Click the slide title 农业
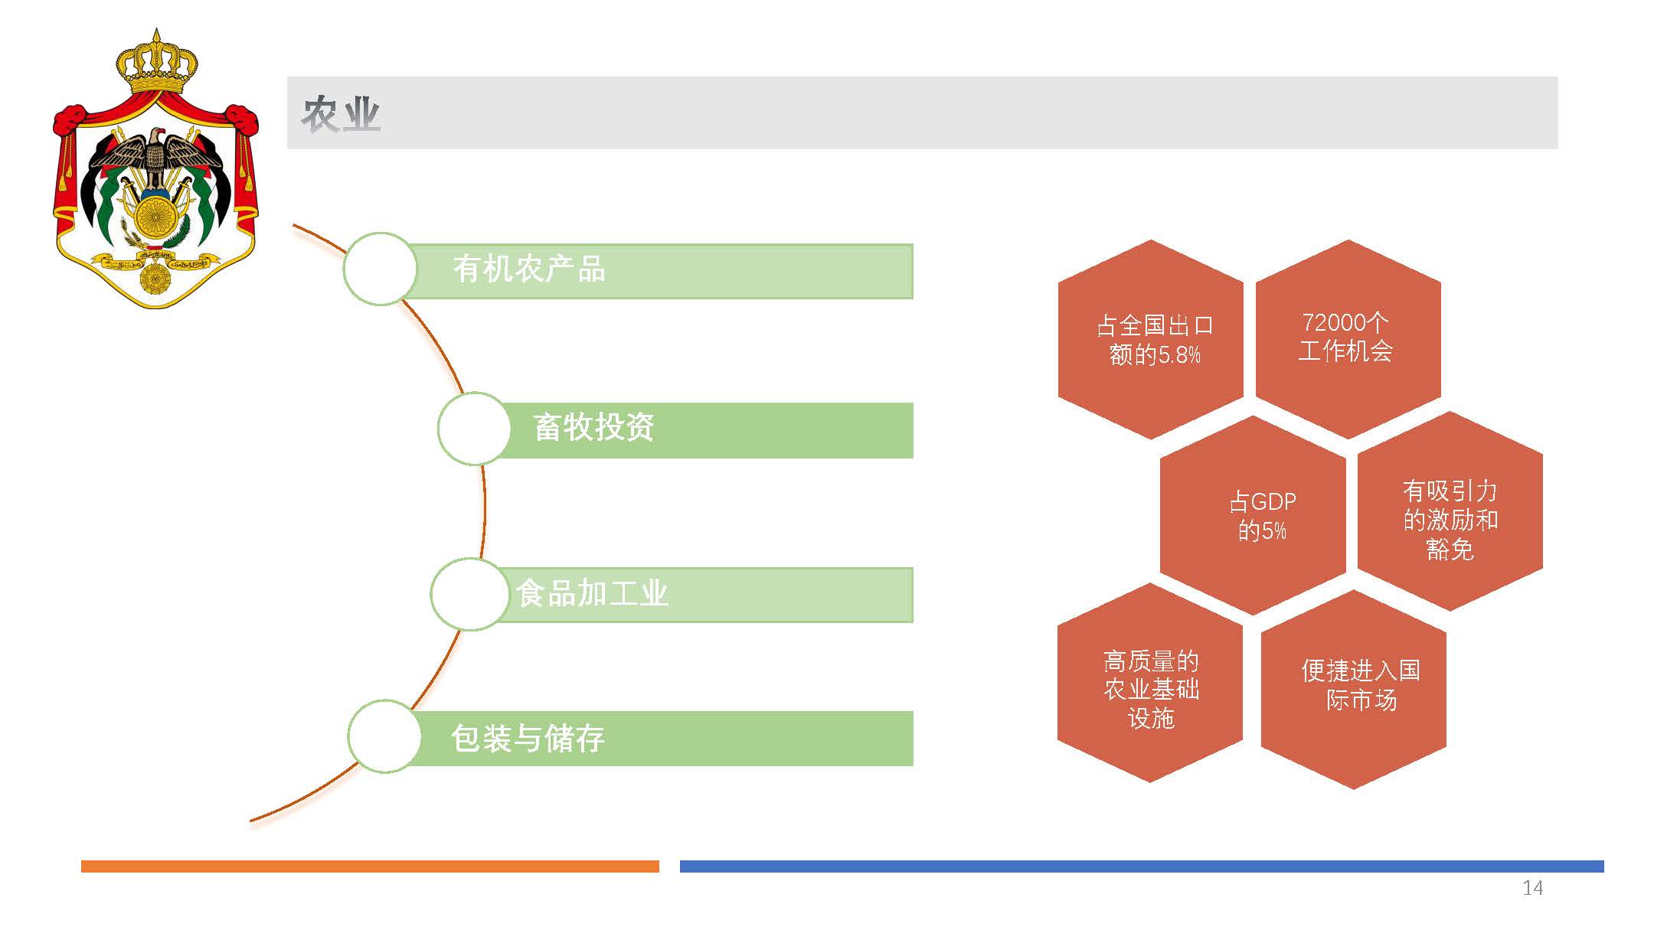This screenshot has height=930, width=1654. click(x=341, y=114)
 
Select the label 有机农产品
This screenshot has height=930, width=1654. click(x=529, y=269)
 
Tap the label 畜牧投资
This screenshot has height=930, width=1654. click(x=593, y=427)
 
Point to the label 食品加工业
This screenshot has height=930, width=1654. click(x=592, y=593)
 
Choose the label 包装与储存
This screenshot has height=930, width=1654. click(x=528, y=739)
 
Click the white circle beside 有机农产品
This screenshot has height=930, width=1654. click(x=381, y=269)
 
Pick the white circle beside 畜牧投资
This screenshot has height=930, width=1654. click(x=475, y=429)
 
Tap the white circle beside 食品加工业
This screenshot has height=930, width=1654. click(x=468, y=594)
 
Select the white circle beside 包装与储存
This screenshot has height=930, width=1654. click(x=384, y=736)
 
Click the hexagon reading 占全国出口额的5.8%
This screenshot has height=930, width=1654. click(x=1151, y=339)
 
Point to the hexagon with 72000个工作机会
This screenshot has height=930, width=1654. click(x=1348, y=339)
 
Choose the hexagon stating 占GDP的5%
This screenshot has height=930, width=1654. click(x=1253, y=515)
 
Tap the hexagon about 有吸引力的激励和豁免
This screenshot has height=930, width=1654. click(x=1450, y=511)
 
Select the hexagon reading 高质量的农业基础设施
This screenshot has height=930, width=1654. click(x=1150, y=683)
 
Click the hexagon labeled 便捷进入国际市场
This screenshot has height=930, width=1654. click(x=1354, y=689)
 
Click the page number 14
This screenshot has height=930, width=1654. click(x=1532, y=888)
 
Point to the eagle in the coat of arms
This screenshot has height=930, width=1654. click(x=156, y=157)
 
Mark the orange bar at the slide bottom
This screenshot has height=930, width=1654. click(x=370, y=866)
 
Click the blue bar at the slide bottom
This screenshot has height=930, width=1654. click(x=1142, y=866)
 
